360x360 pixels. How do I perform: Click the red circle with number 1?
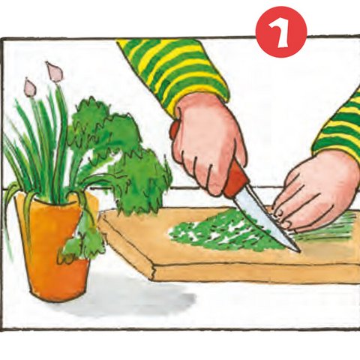click(281, 32)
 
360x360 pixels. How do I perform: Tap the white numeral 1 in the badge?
click(280, 32)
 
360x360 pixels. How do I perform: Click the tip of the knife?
click(300, 252)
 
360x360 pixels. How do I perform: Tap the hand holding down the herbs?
click(317, 193)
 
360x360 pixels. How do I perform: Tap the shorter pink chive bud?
click(30, 87)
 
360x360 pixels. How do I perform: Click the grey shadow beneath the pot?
click(130, 298)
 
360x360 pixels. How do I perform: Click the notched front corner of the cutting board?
click(152, 270)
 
